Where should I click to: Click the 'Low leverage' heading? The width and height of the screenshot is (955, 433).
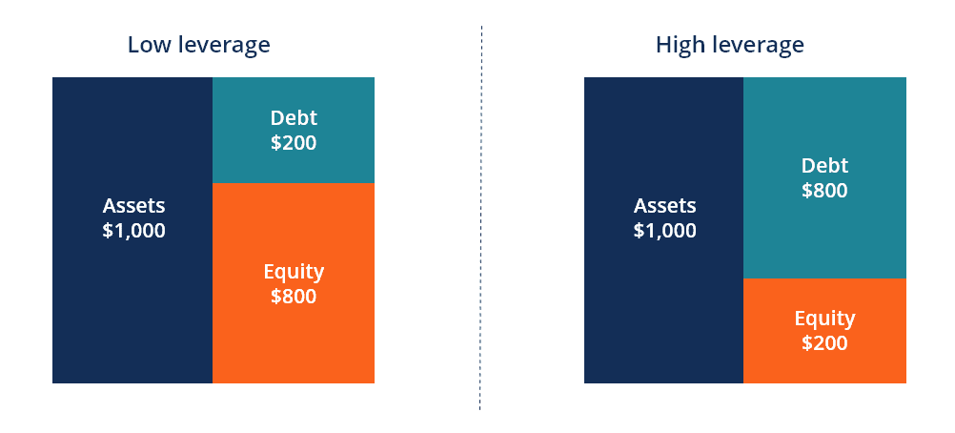[x=198, y=45]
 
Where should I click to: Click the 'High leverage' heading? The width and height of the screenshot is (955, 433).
[x=729, y=45]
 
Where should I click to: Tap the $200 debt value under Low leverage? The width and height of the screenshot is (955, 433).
[x=294, y=143]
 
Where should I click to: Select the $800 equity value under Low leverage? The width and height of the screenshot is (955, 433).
[x=294, y=297]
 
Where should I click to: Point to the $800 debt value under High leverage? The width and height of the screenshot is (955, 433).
[x=824, y=190]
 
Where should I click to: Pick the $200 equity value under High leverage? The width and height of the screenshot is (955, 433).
[x=824, y=343]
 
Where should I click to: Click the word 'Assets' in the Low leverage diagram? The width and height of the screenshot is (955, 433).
[x=133, y=206]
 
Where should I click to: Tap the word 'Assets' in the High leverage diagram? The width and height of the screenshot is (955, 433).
[x=665, y=206]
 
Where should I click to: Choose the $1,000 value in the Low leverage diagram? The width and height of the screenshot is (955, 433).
[x=133, y=231]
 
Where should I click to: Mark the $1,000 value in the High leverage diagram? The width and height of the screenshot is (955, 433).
[x=665, y=231]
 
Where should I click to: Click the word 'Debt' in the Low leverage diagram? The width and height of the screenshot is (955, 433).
[x=294, y=118]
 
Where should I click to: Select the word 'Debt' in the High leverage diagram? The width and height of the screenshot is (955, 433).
[x=824, y=165]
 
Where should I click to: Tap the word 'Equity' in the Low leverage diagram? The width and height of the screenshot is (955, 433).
[x=294, y=272]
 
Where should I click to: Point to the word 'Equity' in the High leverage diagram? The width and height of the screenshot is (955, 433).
[x=824, y=319]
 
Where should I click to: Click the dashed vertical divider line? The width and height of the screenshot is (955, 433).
[x=480, y=219]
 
